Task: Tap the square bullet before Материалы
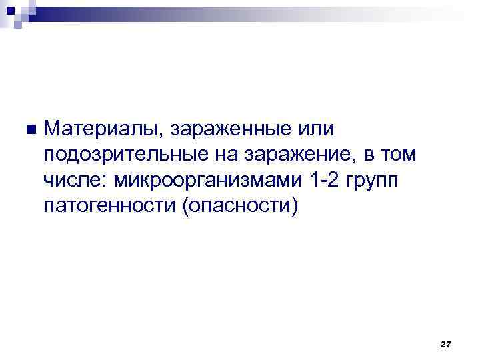pyautogui.click(x=27, y=128)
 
